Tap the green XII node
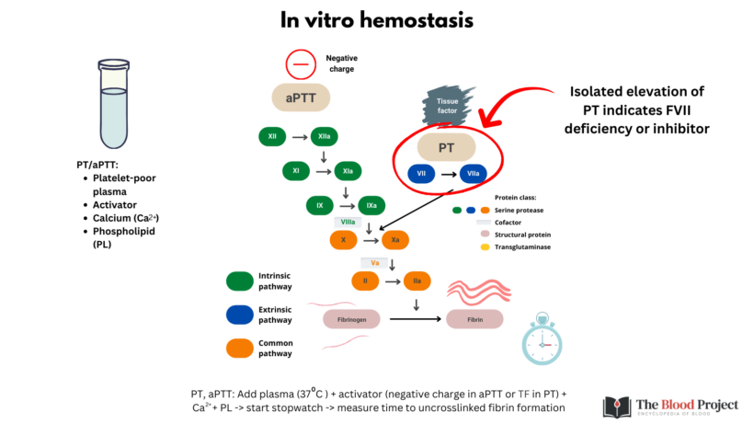coord(272,137)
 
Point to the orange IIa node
coord(417,280)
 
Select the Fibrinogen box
coord(350,319)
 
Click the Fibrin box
coord(474,319)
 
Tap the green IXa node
coord(371,205)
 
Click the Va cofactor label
coord(375,262)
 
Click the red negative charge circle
coord(300,64)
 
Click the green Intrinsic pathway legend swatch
coord(242,281)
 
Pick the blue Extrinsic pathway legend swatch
coord(242,315)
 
